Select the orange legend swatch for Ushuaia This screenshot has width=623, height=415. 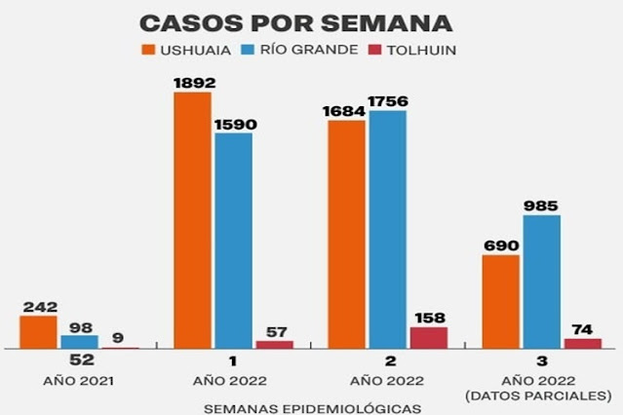[148, 50]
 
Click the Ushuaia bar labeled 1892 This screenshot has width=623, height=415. [192, 219]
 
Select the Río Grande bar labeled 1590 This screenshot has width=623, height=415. [233, 240]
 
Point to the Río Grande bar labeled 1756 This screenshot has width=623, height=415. [387, 229]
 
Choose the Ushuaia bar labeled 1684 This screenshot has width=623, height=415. [346, 234]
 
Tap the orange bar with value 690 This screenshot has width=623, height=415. [500, 301]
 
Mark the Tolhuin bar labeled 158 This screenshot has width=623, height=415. [428, 337]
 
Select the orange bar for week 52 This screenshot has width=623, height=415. [38, 331]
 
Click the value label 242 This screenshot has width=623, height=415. [38, 306]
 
